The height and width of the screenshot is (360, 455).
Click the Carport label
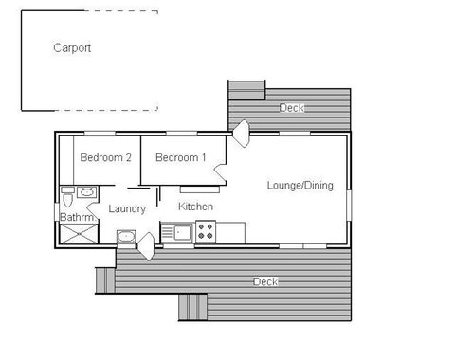pos(72,48)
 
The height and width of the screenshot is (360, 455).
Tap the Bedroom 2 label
pos(104,157)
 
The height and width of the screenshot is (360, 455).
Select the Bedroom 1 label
pos(180,157)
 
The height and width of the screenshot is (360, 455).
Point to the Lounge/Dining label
pos(300,186)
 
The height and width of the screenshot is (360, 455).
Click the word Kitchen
pos(195,207)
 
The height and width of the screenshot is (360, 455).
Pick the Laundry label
pos(126,208)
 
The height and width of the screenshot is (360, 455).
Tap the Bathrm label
pos(77,217)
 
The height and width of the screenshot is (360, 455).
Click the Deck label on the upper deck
pos(292,108)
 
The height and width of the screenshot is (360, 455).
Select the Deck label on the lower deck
pos(264,282)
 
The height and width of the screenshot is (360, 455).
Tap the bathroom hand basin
pos(87,191)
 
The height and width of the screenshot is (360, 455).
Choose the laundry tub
pos(126,236)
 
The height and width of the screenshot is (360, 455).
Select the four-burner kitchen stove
pos(206,230)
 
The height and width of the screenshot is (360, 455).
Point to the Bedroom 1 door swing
pos(219,171)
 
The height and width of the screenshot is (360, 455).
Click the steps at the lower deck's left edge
pos(105,279)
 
